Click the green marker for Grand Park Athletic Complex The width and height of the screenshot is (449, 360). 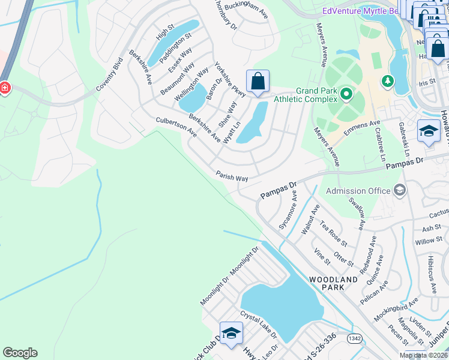pyautogui.click(x=346, y=94)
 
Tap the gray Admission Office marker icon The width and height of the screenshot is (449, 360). pyautogui.click(x=399, y=191)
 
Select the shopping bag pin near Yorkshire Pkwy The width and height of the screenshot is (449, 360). pyautogui.click(x=258, y=82)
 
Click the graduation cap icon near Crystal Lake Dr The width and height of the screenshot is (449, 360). pyautogui.click(x=231, y=334)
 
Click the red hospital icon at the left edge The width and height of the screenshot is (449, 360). pyautogui.click(x=5, y=88)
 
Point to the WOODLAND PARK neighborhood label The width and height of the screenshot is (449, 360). pyautogui.click(x=327, y=283)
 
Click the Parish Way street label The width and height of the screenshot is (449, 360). pyautogui.click(x=232, y=175)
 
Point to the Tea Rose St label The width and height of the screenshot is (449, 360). pyautogui.click(x=334, y=233)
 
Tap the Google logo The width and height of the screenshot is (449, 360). pyautogui.click(x=20, y=353)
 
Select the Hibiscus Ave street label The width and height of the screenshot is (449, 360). pyautogui.click(x=433, y=274)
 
